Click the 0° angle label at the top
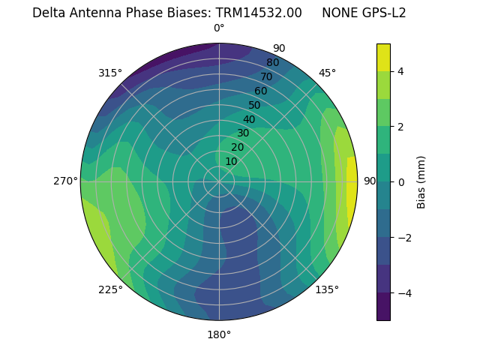tap(219, 28)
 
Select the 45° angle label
tap(327, 73)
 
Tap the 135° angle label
tap(327, 289)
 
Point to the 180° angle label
tap(219, 334)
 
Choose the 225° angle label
tap(110, 290)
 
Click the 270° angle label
tap(67, 181)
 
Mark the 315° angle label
tap(110, 73)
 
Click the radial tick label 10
tap(231, 161)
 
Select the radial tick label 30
tap(243, 133)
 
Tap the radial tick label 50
tap(254, 105)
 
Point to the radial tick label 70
tap(266, 76)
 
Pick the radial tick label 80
tap(272, 62)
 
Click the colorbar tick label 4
tap(401, 71)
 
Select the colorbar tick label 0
tap(401, 181)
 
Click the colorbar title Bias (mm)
tap(421, 181)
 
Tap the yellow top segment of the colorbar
tap(383, 57)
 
